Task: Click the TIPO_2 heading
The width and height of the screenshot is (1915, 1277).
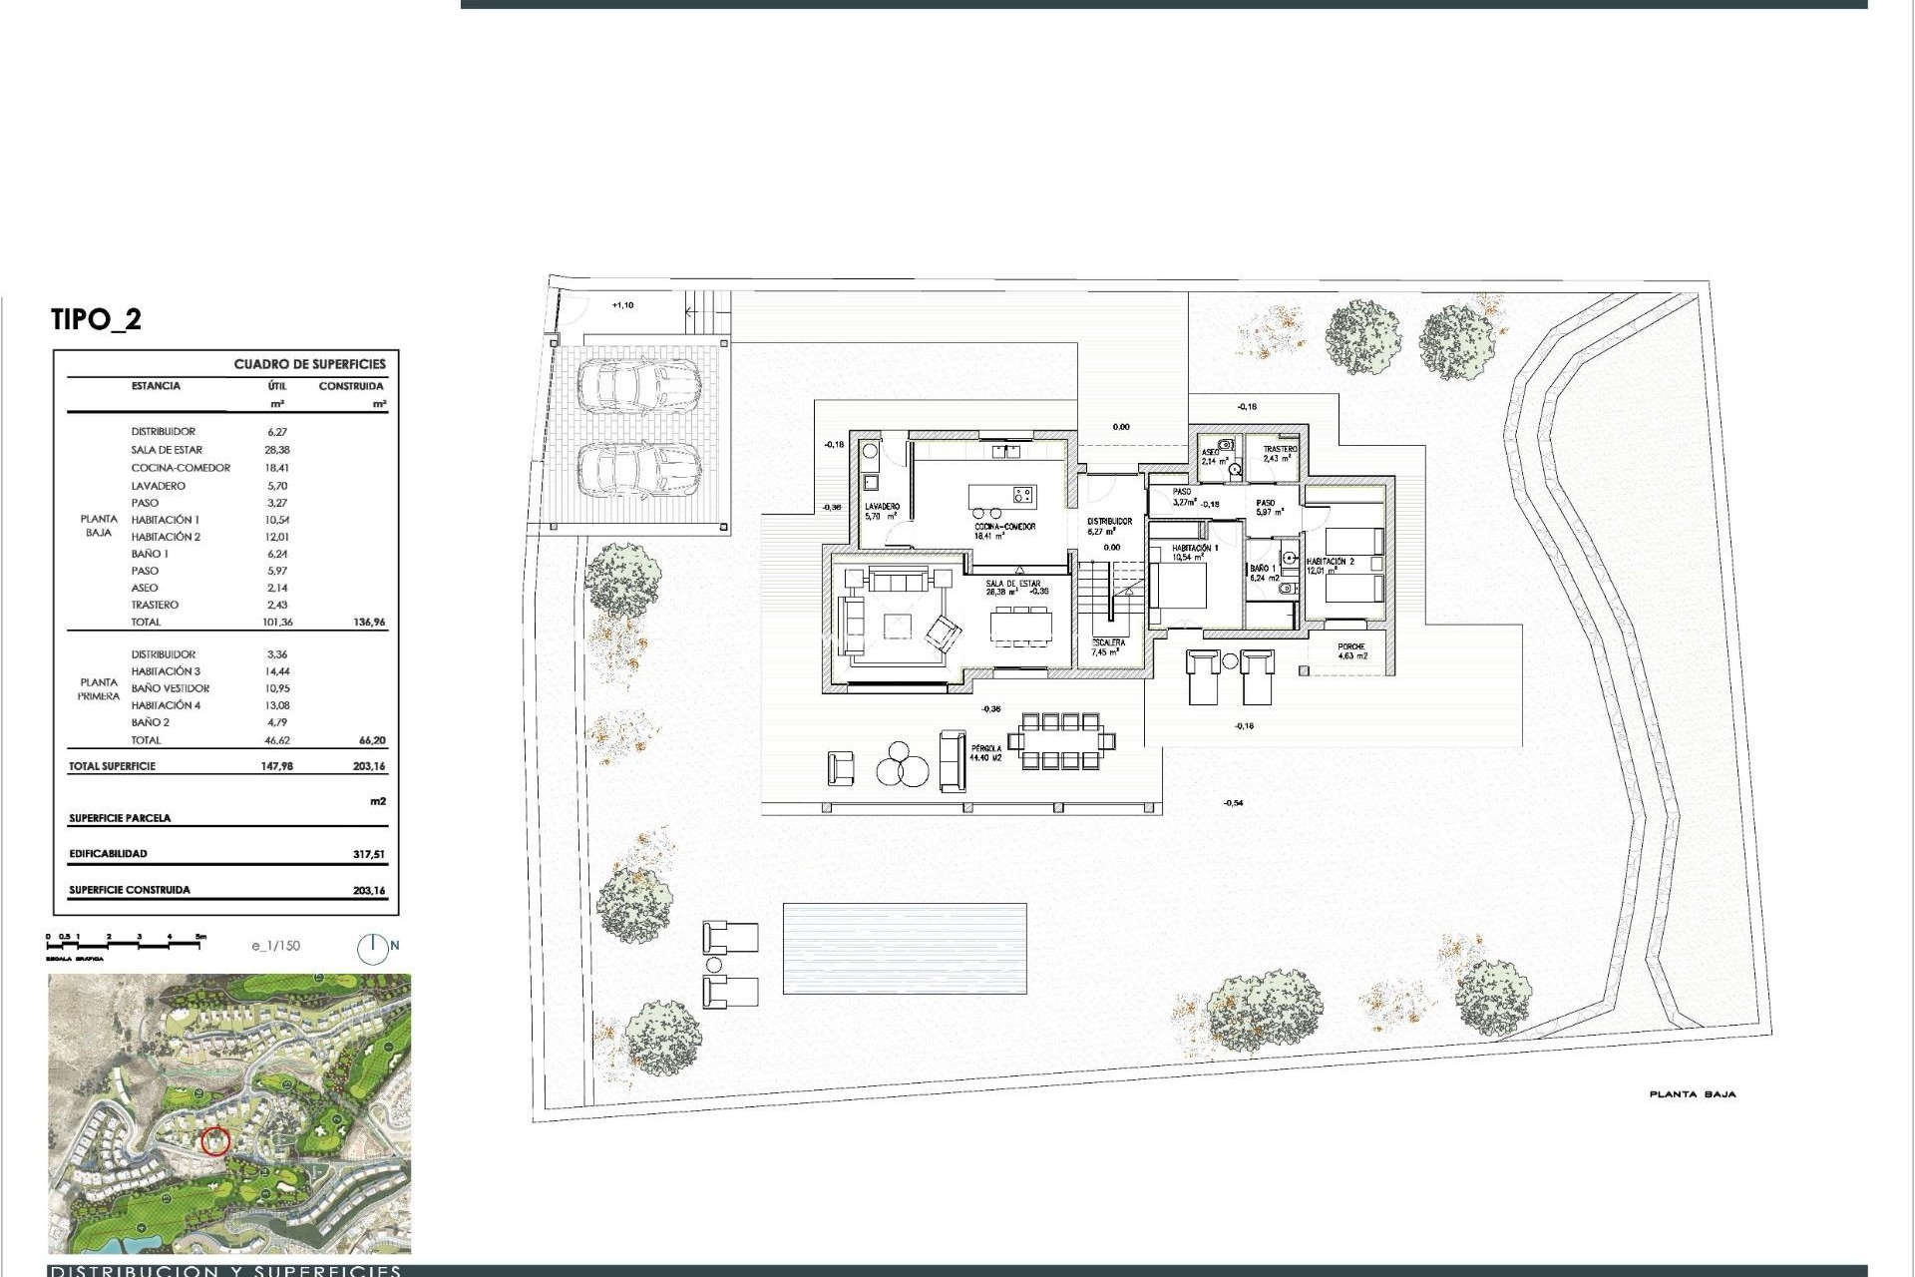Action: (96, 319)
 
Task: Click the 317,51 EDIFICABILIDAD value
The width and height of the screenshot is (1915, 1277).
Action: (368, 854)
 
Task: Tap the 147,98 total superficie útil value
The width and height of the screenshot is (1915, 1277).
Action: (275, 767)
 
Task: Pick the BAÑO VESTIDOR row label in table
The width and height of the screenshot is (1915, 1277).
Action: (171, 688)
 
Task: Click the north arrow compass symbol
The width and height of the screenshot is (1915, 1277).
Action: (374, 948)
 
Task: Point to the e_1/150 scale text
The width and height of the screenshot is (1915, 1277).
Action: (275, 946)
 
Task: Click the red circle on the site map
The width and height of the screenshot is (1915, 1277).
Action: (215, 1140)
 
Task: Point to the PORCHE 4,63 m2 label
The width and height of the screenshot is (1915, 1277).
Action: (1351, 651)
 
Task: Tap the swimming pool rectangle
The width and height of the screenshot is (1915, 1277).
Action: (904, 948)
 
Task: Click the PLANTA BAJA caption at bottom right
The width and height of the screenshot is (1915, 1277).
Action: (1692, 1094)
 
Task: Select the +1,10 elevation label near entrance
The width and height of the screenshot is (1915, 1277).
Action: (621, 305)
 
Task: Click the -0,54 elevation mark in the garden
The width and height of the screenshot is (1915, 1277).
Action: (1233, 803)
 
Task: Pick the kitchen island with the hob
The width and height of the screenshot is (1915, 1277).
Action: (1002, 495)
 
